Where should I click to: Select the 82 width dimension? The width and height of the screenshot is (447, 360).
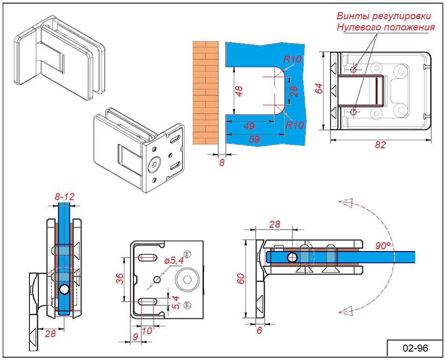click(x=380, y=145)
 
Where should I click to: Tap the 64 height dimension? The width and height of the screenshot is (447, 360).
click(x=318, y=88)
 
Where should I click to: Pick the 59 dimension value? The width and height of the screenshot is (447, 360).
click(x=254, y=139)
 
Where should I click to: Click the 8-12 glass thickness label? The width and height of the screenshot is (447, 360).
click(x=65, y=197)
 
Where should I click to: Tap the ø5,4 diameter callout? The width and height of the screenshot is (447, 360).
click(x=173, y=261)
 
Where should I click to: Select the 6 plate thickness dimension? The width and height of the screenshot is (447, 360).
click(x=260, y=331)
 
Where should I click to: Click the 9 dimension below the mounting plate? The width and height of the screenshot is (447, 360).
click(x=135, y=336)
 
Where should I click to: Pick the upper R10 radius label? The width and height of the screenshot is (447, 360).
click(x=293, y=59)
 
